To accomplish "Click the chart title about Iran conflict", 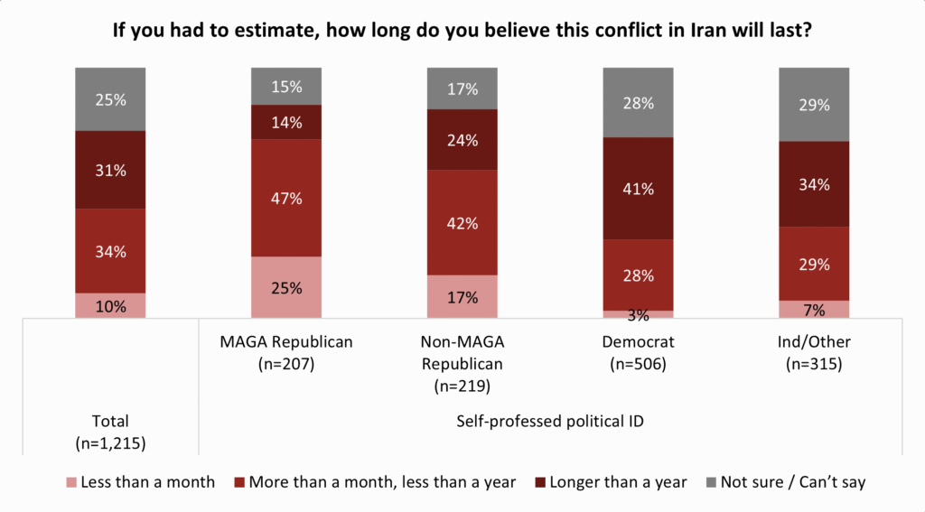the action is [462, 30].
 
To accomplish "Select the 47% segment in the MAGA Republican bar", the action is [286, 198].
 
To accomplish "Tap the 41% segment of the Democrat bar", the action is [638, 189].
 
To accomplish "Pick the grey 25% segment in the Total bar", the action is [110, 99].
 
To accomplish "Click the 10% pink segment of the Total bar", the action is [110, 305].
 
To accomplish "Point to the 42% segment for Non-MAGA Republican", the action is [462, 222].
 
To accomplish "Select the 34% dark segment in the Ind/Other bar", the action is [814, 184].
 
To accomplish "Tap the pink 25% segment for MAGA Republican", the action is [286, 287].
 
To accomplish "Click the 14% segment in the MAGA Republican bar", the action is [286, 122].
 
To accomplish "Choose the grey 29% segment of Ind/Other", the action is [814, 105].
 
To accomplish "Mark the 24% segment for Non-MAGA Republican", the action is [462, 140].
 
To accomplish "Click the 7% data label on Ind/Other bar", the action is [814, 310].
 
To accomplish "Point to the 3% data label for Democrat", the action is [638, 315].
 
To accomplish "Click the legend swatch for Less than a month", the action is [71, 482].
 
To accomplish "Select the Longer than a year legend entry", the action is [612, 482].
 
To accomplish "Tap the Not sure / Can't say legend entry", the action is [786, 482].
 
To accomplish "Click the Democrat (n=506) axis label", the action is [638, 353].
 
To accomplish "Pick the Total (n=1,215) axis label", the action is [110, 432].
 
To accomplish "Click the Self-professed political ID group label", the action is [550, 421].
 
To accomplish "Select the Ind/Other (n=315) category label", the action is [814, 353].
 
